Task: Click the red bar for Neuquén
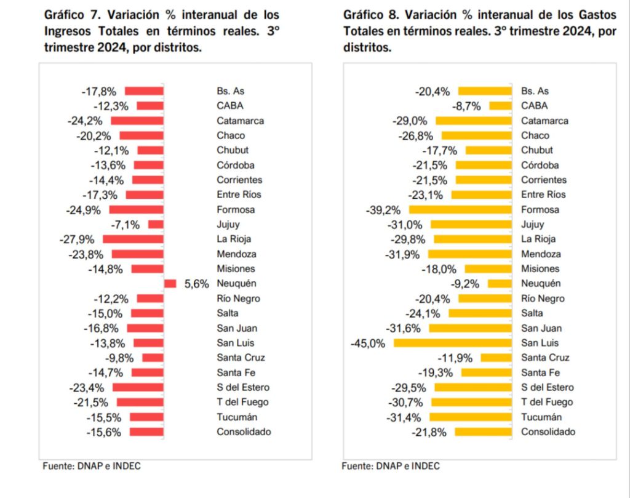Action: tap(170, 283)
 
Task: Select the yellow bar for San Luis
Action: tap(452, 343)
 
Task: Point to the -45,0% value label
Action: tap(369, 343)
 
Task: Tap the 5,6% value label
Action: tap(197, 284)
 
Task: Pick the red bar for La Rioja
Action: tap(133, 239)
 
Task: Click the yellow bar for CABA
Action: tap(500, 106)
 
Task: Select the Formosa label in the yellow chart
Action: tap(541, 209)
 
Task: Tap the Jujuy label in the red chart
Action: tap(228, 224)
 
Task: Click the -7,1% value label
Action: tap(127, 224)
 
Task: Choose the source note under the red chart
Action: tap(92, 466)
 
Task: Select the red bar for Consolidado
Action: tap(146, 432)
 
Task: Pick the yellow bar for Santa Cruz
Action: tap(496, 358)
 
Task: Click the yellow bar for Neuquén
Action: tap(500, 283)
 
